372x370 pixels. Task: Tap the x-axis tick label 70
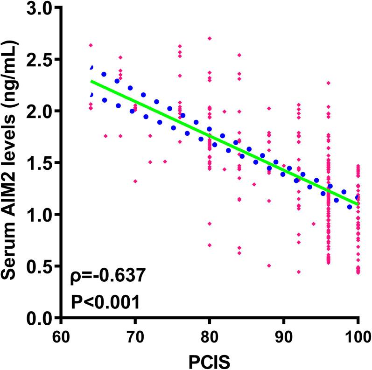click(135, 335)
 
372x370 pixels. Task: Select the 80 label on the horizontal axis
click(210, 335)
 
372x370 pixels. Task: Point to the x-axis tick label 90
click(284, 335)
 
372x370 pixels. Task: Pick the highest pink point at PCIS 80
click(210, 38)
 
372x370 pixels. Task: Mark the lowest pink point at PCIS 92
click(299, 272)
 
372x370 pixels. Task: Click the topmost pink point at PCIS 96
click(329, 83)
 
